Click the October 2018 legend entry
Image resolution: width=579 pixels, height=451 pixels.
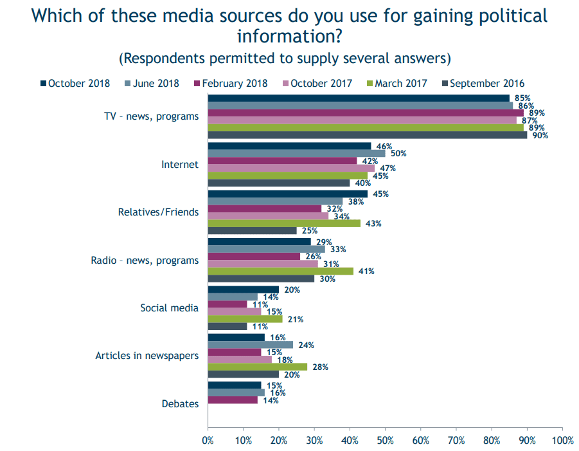75,84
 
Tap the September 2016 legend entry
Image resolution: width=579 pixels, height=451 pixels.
483,84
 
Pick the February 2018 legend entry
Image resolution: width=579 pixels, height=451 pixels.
231,84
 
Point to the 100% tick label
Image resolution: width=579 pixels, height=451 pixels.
562,441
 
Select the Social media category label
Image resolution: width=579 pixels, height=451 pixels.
169,308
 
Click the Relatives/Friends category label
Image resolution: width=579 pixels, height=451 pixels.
159,212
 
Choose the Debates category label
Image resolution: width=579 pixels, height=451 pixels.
180,403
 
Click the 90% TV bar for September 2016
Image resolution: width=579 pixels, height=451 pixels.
368,135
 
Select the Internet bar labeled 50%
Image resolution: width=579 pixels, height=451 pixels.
296,153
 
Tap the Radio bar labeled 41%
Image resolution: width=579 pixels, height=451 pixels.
281,272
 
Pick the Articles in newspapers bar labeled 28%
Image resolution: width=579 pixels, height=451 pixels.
258,367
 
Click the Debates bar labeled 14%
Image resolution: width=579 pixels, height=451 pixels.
233,400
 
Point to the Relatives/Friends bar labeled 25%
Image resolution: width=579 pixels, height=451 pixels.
252,231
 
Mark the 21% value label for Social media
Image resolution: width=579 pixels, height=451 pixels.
296,319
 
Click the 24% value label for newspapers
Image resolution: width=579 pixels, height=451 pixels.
306,345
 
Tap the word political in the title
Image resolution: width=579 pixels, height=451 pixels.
513,16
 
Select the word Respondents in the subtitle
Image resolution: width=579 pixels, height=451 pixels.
164,59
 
